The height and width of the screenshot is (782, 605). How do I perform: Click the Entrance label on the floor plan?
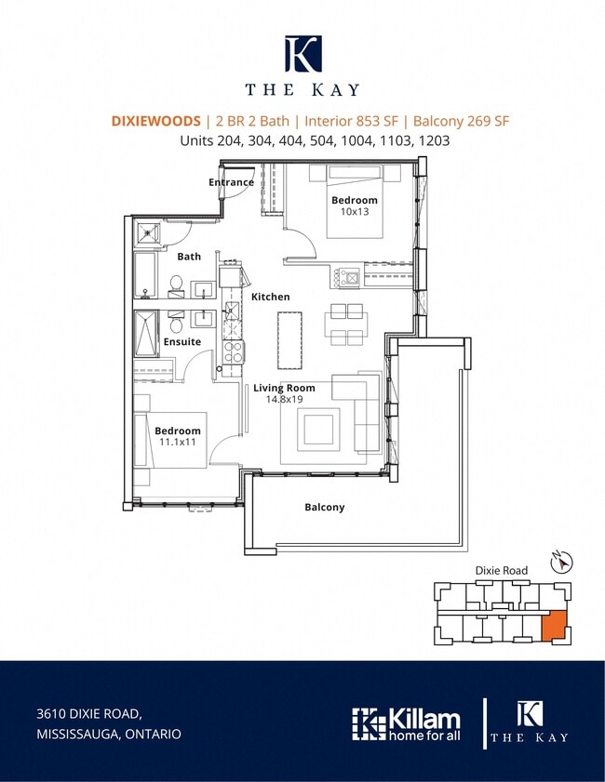[231, 182]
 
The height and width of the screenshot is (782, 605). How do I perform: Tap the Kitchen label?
[270, 297]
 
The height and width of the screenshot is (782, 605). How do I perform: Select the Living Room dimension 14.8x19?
[284, 399]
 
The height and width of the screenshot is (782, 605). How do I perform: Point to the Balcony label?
[325, 507]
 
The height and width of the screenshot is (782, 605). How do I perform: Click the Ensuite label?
[182, 341]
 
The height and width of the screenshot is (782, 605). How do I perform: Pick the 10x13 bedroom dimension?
[355, 211]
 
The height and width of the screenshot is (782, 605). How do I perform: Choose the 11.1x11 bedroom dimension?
[177, 442]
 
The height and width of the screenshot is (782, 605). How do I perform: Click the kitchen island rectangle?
[290, 340]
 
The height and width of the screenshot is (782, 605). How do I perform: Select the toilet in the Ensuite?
[176, 322]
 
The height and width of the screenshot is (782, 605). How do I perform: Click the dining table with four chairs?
[346, 325]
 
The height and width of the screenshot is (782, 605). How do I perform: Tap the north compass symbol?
[561, 562]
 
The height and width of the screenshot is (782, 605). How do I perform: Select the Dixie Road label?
[501, 571]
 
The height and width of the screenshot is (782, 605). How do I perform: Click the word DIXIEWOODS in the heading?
[155, 121]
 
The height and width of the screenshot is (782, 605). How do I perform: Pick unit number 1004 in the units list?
[356, 140]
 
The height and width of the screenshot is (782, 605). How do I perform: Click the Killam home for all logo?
[406, 724]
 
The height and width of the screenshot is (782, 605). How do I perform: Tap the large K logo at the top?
[303, 53]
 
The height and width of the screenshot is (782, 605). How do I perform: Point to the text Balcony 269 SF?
[462, 121]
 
